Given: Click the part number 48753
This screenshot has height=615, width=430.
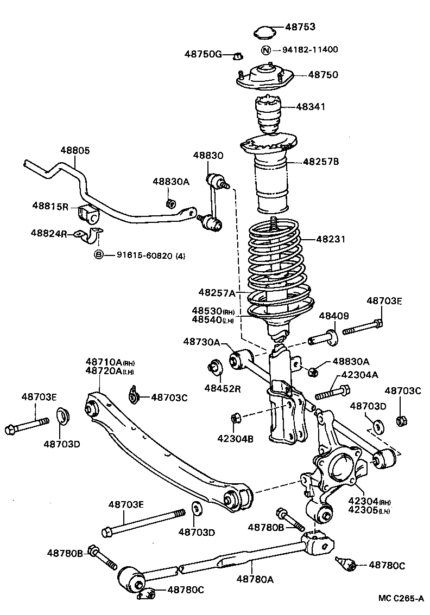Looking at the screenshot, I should pos(300,27).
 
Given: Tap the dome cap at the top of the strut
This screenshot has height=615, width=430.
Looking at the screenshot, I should pos(264,31).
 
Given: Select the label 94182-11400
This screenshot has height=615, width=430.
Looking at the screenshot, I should pos(309,50).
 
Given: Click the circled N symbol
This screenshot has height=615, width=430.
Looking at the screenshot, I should pos(266,50).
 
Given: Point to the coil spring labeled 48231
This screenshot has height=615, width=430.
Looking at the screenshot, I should pos(274,266).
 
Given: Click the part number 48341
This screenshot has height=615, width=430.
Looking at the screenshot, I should pos(311,107).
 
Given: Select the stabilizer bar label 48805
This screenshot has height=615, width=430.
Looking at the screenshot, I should pos(75,151).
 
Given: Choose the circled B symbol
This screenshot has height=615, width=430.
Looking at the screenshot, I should pos(99,255).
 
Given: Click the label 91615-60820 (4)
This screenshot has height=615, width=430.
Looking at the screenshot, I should pos(150,255).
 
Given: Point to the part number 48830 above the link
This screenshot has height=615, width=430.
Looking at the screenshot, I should pos(207,155).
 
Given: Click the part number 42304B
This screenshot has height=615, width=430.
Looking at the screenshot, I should pos(235,439).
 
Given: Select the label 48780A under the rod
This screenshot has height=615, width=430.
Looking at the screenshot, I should pos(255,579).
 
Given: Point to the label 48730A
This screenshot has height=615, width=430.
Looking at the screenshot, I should pos(201,342).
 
